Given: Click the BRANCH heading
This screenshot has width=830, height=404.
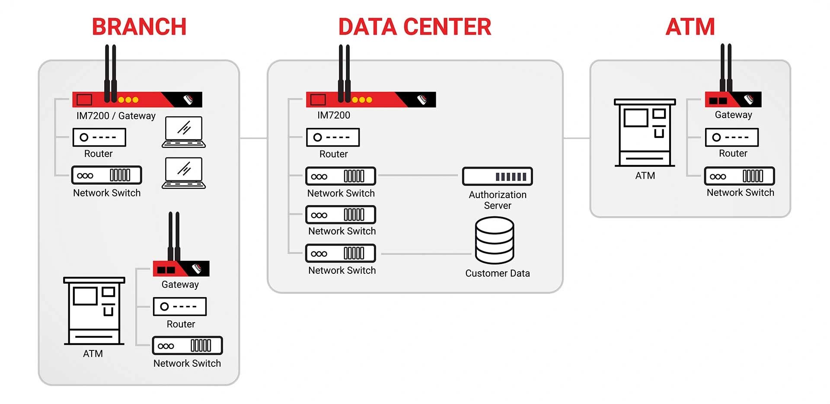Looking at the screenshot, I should point(139,27).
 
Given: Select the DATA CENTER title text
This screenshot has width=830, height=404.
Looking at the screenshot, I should point(415,27).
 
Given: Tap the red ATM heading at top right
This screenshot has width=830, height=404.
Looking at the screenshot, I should point(690,27).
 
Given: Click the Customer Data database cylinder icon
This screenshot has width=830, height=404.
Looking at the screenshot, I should point(495,240).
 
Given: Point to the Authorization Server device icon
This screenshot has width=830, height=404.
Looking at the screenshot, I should point(497,176).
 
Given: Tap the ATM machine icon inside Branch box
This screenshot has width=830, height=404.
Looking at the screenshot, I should point(94,311).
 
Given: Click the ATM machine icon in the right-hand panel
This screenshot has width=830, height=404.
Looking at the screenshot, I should point(645,133).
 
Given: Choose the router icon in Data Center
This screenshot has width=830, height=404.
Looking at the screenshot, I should point(333,138).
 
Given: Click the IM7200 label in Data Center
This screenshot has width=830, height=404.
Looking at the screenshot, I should point(333,115).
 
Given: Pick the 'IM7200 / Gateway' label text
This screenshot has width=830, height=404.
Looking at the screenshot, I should point(116,116).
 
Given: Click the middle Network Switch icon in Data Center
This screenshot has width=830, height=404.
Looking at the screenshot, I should point(341,215).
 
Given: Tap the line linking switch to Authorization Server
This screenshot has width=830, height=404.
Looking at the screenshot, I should point(417,176).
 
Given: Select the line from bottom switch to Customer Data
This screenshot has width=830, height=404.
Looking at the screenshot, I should point(426,254).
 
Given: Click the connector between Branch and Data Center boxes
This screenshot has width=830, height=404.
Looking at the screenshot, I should point(253,138).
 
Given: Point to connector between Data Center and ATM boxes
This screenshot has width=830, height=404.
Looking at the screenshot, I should point(577,138).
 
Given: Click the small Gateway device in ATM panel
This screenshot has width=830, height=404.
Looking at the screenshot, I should point(733,100).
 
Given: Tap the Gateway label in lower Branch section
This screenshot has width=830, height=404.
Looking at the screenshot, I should point(180,285).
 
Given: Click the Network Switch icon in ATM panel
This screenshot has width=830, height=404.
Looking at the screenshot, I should point(739,176).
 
